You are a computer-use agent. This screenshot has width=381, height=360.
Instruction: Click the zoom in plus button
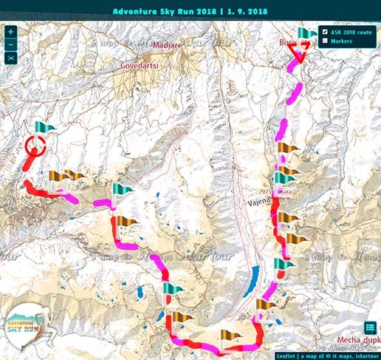[11, 33]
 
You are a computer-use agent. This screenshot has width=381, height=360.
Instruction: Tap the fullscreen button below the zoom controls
[11, 57]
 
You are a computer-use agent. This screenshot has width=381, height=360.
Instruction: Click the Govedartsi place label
[140, 64]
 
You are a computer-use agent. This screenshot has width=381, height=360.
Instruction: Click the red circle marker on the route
[33, 146]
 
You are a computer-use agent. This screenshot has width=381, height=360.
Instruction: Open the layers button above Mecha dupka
[370, 328]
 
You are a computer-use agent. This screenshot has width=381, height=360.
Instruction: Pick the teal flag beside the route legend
[305, 35]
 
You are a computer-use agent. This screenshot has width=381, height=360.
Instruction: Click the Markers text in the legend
[342, 41]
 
